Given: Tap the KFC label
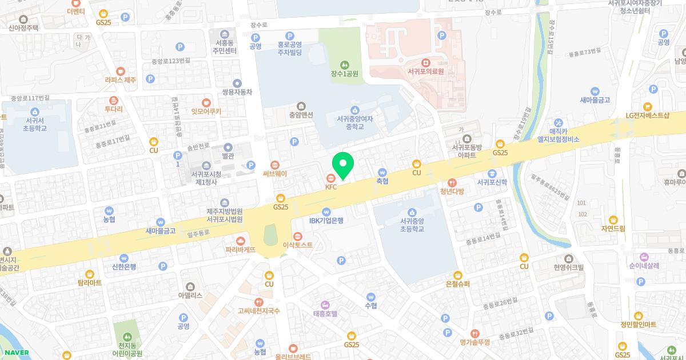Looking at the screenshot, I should (331, 186).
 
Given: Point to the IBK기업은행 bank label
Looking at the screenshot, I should (326, 220).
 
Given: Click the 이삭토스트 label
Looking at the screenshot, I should (297, 245).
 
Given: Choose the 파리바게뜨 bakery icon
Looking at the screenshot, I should (241, 241).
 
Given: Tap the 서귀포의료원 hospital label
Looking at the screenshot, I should (425, 71).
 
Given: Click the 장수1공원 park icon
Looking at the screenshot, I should (344, 64).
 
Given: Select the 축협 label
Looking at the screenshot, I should (382, 181).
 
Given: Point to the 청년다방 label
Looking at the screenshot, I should (452, 191).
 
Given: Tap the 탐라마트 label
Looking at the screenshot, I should (89, 282).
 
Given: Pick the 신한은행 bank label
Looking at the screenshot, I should (124, 267).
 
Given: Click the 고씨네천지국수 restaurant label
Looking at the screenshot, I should (259, 311).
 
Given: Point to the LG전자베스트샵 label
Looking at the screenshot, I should (647, 115).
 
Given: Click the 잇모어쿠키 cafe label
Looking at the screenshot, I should (206, 111).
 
